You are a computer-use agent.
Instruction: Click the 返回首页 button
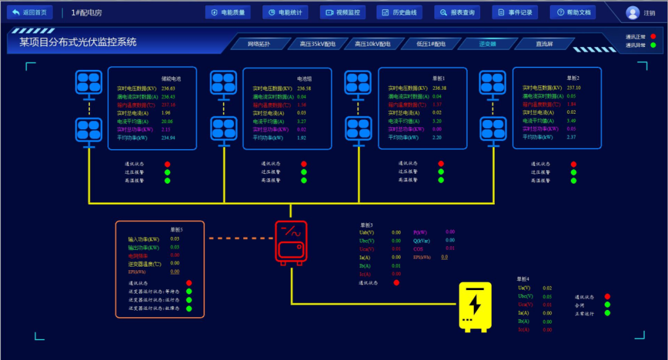tap(30, 12)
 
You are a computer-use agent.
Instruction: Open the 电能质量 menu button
tap(228, 12)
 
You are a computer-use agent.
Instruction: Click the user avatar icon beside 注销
tap(633, 13)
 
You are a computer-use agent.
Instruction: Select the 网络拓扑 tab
tap(259, 44)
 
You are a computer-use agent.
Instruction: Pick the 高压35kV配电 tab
tap(317, 44)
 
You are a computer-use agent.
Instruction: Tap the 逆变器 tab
tap(487, 44)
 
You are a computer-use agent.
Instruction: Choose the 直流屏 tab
tap(544, 44)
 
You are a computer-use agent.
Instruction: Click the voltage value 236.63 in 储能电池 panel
tap(168, 88)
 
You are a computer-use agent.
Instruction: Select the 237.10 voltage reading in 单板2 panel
tap(573, 88)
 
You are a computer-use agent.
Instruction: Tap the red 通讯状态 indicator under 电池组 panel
tap(304, 164)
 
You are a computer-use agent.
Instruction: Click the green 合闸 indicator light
tap(607, 304)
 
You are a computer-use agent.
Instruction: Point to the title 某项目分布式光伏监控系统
tap(78, 43)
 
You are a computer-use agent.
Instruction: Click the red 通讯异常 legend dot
tap(653, 37)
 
